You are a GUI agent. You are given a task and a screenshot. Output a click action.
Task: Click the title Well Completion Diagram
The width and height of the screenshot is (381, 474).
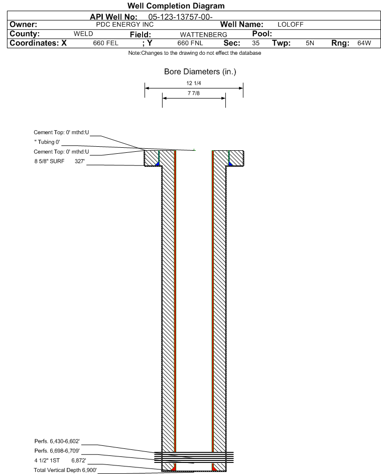click(x=176, y=6)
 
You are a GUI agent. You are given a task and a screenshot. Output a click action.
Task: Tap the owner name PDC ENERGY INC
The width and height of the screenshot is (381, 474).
click(x=124, y=24)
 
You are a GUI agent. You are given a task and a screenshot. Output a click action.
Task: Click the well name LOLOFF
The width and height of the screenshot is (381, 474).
click(x=290, y=24)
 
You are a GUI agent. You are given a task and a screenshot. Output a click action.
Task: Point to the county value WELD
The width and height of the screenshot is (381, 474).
click(x=83, y=34)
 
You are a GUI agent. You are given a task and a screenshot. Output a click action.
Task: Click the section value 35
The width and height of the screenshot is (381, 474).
click(x=256, y=43)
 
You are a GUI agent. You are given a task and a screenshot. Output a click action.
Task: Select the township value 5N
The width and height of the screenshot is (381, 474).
click(x=310, y=43)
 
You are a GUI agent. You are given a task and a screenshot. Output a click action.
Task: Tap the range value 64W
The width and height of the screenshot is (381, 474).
click(x=364, y=43)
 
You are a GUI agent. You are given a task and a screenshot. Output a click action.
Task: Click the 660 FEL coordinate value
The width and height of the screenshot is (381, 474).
click(x=105, y=43)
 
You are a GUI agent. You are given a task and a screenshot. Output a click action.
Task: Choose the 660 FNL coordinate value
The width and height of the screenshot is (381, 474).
click(x=190, y=43)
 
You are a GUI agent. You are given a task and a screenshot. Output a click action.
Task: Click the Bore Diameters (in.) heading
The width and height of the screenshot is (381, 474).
click(x=200, y=72)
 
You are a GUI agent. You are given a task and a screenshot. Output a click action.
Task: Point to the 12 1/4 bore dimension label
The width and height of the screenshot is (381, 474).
click(x=193, y=83)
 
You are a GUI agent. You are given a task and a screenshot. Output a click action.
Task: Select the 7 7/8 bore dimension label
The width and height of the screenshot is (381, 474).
click(x=193, y=93)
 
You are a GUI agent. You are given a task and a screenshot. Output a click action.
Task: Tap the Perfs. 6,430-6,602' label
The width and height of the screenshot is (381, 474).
click(x=57, y=441)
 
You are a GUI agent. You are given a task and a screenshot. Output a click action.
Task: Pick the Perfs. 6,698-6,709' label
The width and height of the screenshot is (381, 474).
click(x=57, y=450)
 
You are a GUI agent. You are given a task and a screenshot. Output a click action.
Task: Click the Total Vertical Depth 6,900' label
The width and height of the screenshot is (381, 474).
click(x=65, y=469)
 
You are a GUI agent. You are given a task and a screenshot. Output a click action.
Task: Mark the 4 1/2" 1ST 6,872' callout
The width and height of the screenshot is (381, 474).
click(x=60, y=460)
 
